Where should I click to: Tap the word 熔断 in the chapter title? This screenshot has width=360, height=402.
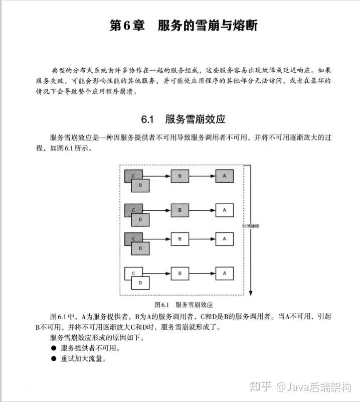[243, 26]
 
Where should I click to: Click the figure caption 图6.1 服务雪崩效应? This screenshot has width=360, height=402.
[184, 305]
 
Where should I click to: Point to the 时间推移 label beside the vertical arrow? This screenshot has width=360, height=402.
[250, 226]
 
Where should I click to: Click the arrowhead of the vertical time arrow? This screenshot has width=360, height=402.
[250, 294]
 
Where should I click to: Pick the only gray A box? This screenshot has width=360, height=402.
[225, 176]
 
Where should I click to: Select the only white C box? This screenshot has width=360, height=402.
[133, 274]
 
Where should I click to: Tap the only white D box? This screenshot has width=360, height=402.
[140, 283]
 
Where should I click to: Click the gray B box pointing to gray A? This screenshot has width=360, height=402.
[179, 176]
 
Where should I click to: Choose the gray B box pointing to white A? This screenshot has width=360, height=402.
[179, 209]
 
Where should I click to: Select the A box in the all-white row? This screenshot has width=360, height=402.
[225, 274]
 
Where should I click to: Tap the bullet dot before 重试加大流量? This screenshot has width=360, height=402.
[53, 359]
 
